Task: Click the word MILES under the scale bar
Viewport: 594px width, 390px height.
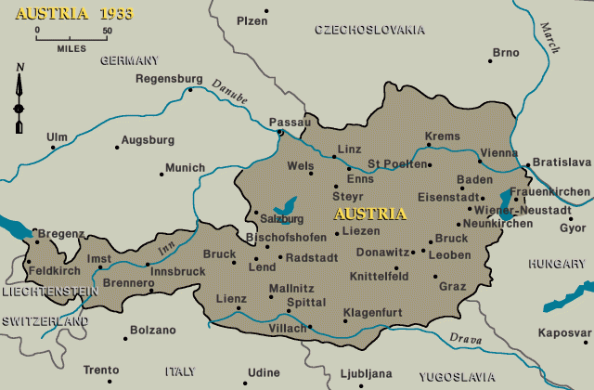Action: [71, 46]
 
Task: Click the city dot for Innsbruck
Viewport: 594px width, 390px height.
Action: [148, 265]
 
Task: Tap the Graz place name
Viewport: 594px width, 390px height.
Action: [452, 286]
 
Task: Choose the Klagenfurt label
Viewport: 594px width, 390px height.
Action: [373, 311]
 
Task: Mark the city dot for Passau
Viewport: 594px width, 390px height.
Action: [279, 133]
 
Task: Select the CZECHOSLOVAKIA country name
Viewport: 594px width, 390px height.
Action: [369, 30]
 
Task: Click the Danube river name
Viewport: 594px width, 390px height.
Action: [229, 90]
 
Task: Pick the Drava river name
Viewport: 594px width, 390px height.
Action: [464, 340]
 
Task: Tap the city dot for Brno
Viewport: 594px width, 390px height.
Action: [490, 61]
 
